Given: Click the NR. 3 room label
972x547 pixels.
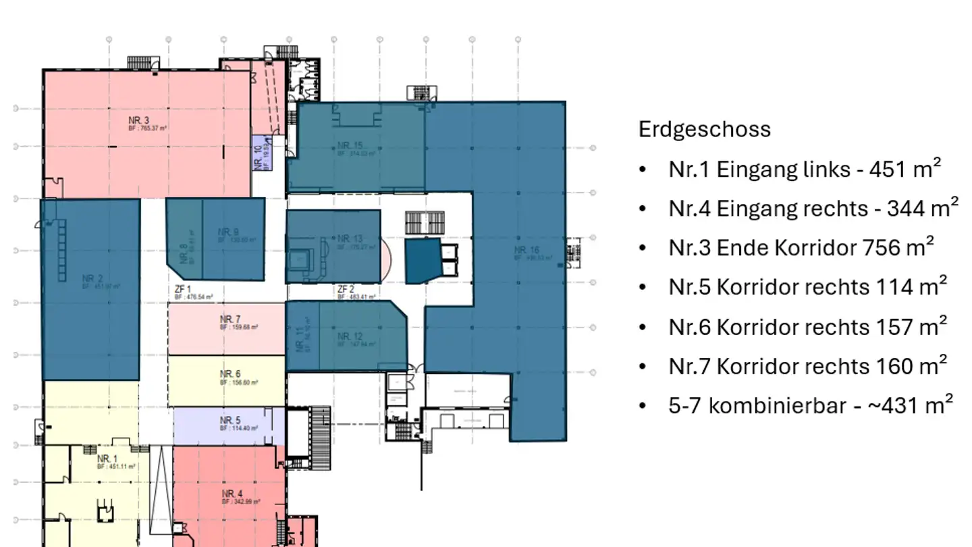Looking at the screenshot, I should pos(138,121).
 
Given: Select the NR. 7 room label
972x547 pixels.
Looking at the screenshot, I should pos(230,319).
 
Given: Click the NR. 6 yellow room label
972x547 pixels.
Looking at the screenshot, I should pos(230,374).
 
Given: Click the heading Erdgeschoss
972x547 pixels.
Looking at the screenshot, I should pos(704,129).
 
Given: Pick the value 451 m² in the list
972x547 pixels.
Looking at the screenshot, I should pos(904,169).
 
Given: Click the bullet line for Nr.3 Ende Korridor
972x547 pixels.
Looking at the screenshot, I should pos(801,248).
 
